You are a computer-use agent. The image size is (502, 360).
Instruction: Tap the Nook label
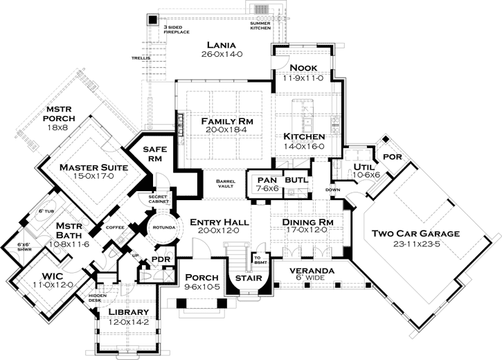point(303,67)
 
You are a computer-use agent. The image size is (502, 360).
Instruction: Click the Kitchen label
point(304,136)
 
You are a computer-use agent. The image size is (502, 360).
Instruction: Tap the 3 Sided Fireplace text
point(176,29)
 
